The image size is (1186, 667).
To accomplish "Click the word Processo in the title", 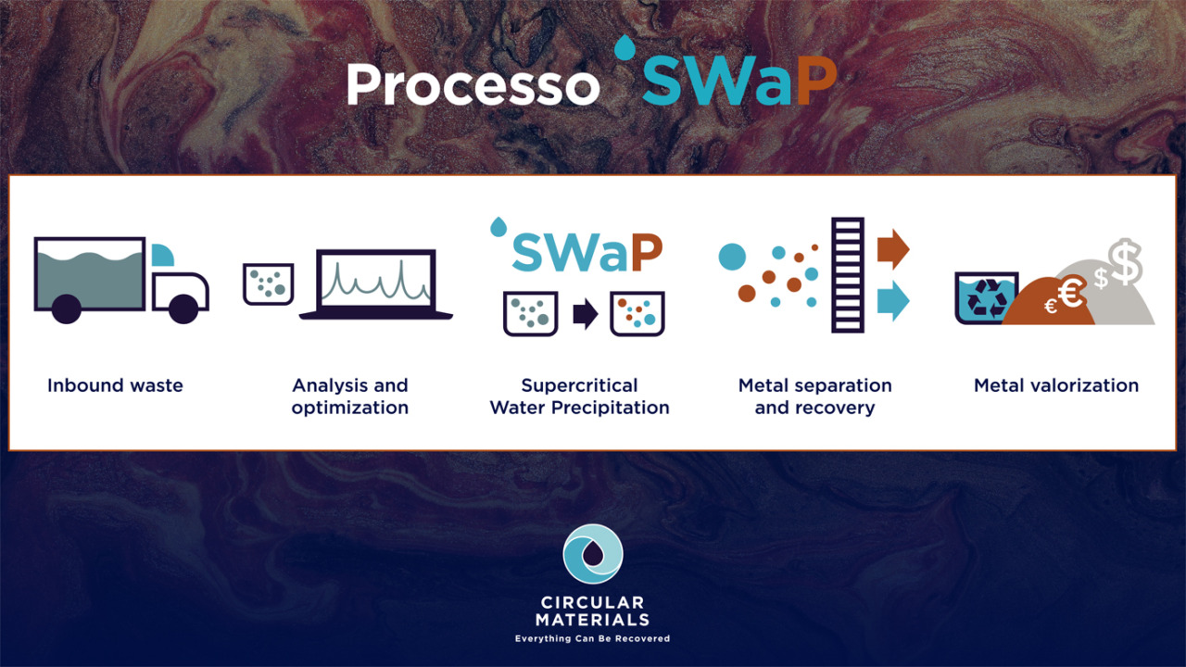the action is [x=473, y=84].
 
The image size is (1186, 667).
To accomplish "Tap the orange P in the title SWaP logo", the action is [x=816, y=81].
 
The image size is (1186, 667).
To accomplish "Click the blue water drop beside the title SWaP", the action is [x=625, y=47].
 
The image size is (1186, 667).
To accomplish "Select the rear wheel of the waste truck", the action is [x=67, y=308].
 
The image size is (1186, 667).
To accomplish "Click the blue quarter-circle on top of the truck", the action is [x=162, y=255].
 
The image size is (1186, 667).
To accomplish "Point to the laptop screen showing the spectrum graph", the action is [x=376, y=281].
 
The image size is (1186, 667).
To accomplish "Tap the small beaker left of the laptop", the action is [x=269, y=284].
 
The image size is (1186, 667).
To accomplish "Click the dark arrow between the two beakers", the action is [x=586, y=314].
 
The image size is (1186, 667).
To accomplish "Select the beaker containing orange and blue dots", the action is [x=637, y=314].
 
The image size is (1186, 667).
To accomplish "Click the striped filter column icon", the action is [x=848, y=275].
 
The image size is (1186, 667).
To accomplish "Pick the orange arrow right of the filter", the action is [x=893, y=249].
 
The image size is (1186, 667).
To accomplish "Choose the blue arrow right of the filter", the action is [x=893, y=301].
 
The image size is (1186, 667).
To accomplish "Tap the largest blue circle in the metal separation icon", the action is [x=732, y=257].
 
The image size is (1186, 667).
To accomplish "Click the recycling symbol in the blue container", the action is [x=987, y=299].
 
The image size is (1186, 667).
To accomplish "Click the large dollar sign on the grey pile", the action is [x=1126, y=261].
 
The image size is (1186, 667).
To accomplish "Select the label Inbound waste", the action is [x=115, y=385].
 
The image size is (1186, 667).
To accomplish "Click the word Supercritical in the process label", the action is [x=579, y=385].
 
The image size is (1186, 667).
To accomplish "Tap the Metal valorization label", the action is [x=1056, y=385].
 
